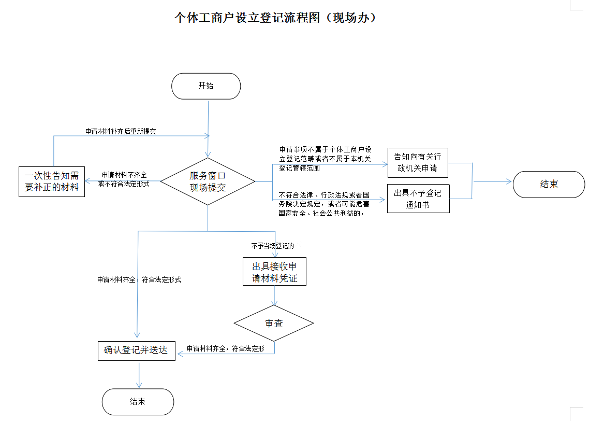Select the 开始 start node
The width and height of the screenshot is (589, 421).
tap(206, 86)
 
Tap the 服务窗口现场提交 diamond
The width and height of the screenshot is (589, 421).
tap(208, 181)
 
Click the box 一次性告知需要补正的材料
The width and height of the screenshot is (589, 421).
tap(52, 181)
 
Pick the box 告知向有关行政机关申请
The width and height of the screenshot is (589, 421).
tap(418, 162)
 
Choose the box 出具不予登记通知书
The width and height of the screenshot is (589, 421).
tap(418, 199)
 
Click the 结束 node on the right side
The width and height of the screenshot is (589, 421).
tap(549, 184)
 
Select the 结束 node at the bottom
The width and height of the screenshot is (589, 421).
tap(138, 402)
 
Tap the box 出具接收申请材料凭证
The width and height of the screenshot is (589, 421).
tap(274, 272)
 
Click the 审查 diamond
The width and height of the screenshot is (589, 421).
tap(274, 323)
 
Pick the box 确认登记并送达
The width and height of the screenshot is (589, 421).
tap(137, 350)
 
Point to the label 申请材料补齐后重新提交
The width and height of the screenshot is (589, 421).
tap(121, 132)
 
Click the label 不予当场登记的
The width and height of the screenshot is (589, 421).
tap(273, 246)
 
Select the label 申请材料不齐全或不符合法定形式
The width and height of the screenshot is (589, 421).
tap(124, 179)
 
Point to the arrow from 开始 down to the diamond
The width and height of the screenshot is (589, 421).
tap(208, 127)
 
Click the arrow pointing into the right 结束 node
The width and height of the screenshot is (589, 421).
tap(492, 181)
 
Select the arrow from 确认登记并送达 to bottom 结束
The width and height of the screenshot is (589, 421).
tap(139, 374)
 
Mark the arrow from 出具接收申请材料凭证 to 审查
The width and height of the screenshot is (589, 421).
tap(274, 296)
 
